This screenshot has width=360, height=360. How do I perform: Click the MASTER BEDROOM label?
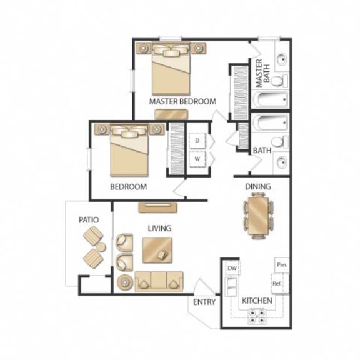182,101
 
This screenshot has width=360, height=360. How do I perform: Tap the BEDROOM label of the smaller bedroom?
129,187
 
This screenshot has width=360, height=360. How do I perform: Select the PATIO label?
89,220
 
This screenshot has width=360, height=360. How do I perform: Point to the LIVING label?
159,229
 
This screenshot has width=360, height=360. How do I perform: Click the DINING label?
257,186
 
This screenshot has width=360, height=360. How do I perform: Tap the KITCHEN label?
257,301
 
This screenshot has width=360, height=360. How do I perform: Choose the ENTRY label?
204,302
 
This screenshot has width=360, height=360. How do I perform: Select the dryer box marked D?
197,141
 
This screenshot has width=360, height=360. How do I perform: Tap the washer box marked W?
197,158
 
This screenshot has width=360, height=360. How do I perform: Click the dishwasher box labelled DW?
232,269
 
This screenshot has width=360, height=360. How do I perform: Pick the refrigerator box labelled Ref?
278,284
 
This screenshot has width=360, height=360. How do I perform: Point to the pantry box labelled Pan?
281,264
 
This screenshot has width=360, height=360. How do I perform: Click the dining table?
257,216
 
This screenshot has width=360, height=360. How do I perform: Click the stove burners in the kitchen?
257,318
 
